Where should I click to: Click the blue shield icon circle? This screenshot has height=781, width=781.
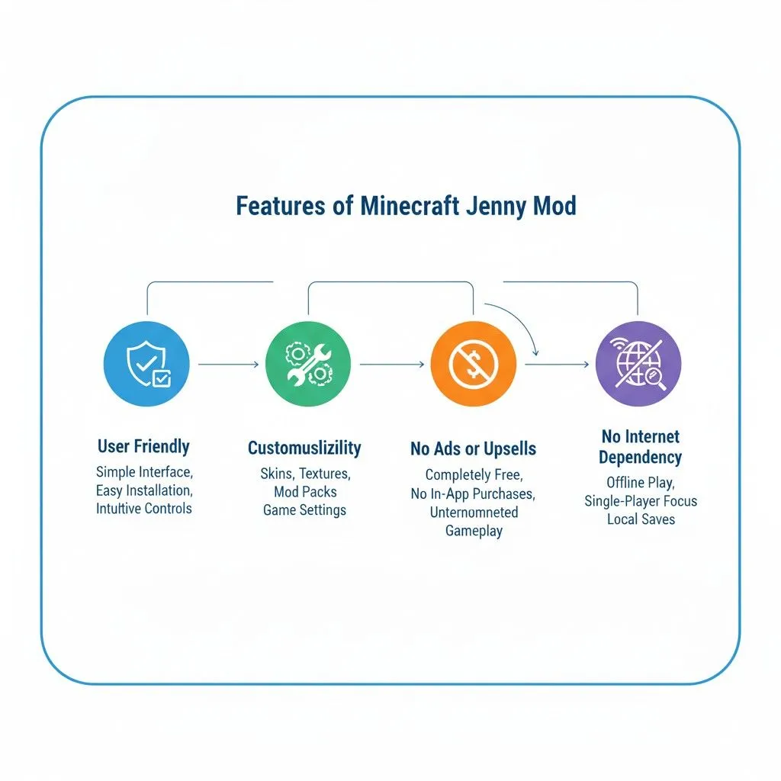coord(146,364)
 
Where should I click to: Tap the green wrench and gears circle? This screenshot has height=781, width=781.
coord(308,364)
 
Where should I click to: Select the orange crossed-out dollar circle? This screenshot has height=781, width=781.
coord(473,364)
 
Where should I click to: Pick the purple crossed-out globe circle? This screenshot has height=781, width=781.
coord(638,364)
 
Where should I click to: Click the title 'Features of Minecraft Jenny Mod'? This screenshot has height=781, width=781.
coord(406,206)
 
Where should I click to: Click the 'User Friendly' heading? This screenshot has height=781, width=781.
coord(143,446)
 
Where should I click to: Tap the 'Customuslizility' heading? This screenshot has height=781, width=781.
coord(304,448)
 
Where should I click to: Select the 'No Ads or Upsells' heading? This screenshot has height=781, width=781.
coord(473,449)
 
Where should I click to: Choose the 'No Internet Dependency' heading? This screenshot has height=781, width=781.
coord(640,447)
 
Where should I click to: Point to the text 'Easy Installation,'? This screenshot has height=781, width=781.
coord(144,490)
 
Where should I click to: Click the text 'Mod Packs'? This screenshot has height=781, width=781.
coord(305,492)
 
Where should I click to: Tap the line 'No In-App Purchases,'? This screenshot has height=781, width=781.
coord(473,493)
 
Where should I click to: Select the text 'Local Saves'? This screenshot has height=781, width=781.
coord(641,519)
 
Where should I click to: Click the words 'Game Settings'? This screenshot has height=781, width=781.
coord(304,510)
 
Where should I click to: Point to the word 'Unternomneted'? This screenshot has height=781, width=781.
coord(474,513)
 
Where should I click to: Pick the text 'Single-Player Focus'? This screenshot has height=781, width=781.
coord(641,501)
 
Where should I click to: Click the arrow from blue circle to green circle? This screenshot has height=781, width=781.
coord(228,365)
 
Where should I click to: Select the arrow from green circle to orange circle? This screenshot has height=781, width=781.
coord(391,365)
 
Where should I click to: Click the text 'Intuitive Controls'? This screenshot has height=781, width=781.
coord(144,508)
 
